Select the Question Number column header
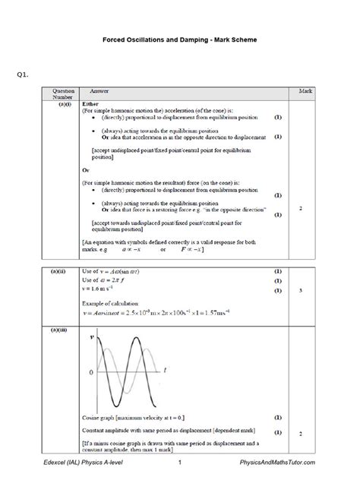(63, 93)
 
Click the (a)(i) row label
(63, 103)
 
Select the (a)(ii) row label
(63, 271)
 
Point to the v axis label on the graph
(93, 335)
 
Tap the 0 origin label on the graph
(92, 373)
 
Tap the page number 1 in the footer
(179, 463)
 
